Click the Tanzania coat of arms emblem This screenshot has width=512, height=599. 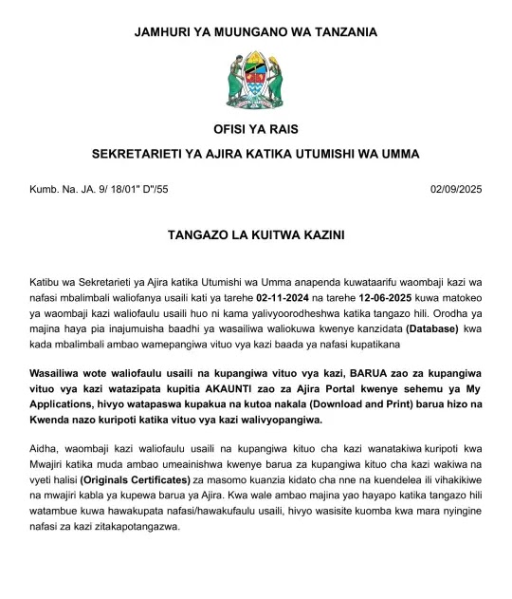255,80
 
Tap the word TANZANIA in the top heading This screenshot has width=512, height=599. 339,31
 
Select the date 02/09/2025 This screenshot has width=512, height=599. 456,190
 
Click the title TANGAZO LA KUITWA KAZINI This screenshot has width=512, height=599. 255,233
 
